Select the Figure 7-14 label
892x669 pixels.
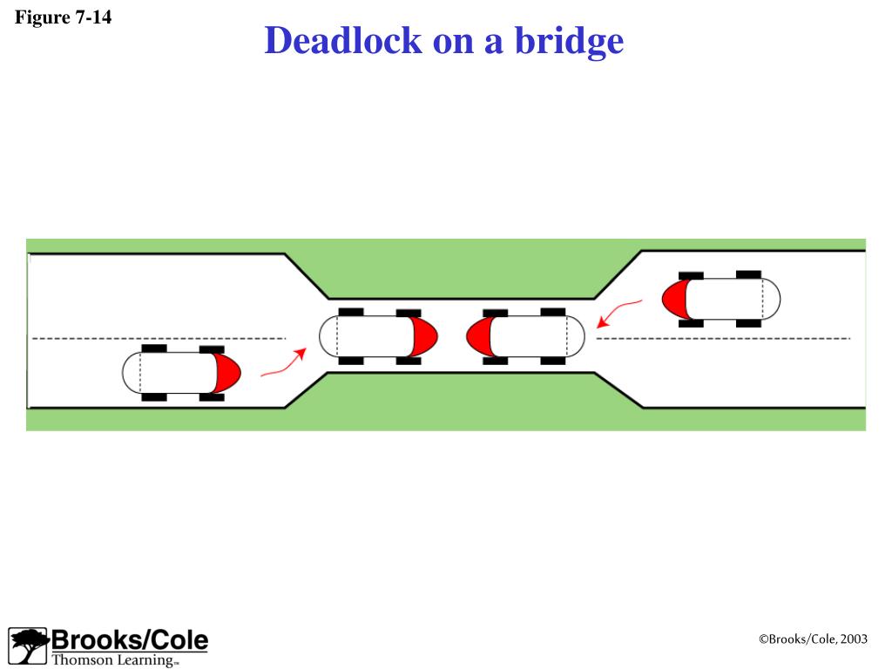(x=64, y=17)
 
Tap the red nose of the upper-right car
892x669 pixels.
(x=674, y=299)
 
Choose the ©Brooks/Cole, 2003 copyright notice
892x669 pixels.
(x=813, y=639)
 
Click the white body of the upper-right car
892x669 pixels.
(x=727, y=299)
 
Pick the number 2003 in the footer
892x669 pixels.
(x=855, y=639)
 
